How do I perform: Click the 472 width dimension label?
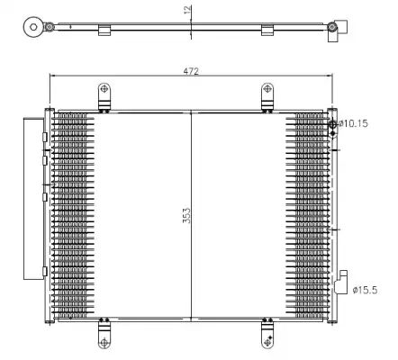pos(191,71)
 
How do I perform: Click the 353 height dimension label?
pos(186,216)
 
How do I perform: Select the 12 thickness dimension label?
pos(187,10)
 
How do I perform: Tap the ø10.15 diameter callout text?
pos(353,123)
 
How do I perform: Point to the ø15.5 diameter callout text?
pos(365,290)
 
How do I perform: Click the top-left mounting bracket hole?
pos(104,88)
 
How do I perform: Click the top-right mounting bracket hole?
pos(267,88)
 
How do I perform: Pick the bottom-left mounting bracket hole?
pos(104,342)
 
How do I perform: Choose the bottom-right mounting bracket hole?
pos(267,342)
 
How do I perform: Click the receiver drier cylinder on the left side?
pos(33,199)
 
